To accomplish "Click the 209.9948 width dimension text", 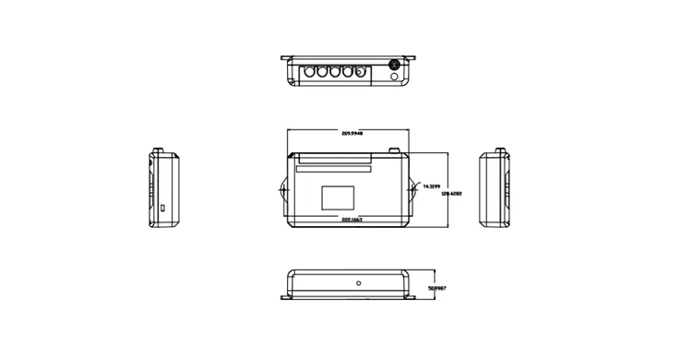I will [352, 134].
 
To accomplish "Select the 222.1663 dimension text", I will [352, 220].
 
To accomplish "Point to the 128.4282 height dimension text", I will [451, 194].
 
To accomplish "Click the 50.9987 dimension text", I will [438, 289].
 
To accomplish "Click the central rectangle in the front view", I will [338, 198].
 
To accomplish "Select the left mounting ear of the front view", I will [282, 192].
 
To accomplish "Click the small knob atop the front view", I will [394, 150].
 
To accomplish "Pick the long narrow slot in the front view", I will [333, 169].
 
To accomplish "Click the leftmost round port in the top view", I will [310, 71].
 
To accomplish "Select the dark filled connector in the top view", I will [395, 66].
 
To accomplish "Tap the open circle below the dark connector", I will [395, 78].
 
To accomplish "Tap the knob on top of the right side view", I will [500, 150].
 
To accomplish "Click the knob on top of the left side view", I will [158, 150].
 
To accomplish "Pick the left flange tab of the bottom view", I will [284, 296].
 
